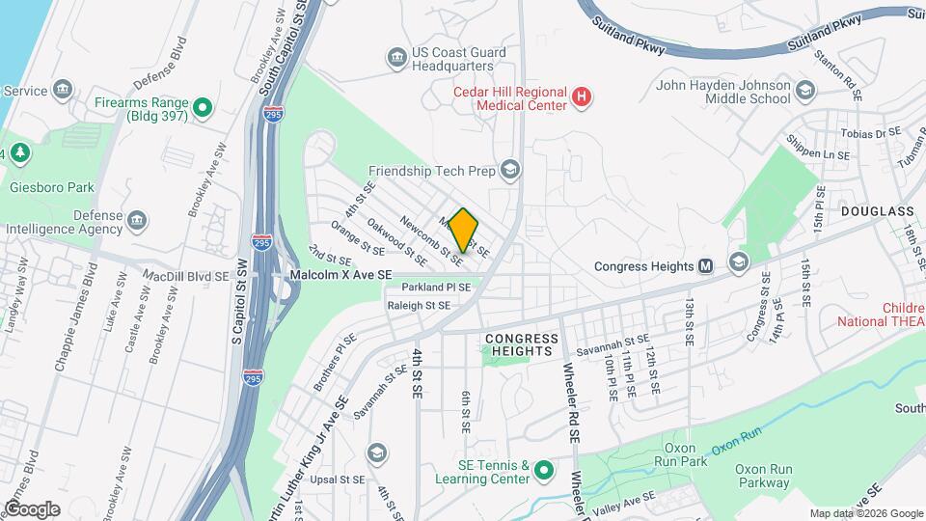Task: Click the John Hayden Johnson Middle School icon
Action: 805,91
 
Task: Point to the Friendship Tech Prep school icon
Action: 509,171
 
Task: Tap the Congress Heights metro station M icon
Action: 705,266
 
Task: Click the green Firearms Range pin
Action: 202,108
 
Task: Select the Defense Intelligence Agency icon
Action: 136,221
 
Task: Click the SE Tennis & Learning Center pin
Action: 543,471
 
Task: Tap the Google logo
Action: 33,508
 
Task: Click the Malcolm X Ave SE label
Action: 341,275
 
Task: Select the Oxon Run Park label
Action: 688,455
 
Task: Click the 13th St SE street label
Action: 690,321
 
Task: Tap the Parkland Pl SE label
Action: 436,288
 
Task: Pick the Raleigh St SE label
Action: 418,305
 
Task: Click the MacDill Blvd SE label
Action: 185,275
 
